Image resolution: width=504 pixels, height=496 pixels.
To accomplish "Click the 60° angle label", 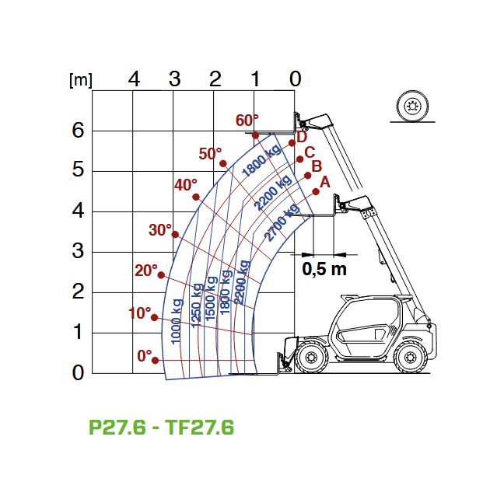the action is coord(247,121).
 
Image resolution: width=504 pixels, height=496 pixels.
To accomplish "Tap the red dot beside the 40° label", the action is coord(196,197).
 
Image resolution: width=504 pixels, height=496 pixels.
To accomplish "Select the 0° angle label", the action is coord(145,356).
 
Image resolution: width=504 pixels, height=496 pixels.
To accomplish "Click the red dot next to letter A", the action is coord(316,192).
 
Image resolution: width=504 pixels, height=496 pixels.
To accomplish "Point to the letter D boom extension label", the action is coord(302,137).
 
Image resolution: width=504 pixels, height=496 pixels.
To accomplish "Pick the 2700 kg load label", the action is coord(282,222).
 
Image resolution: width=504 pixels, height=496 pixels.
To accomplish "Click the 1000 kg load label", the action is coord(177,321).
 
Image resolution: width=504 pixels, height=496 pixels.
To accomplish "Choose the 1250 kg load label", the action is coord(197,306).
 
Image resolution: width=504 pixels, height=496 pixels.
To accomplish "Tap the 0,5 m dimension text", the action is coord(324,269).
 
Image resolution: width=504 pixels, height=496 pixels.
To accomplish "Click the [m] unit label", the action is coord(81,80).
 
